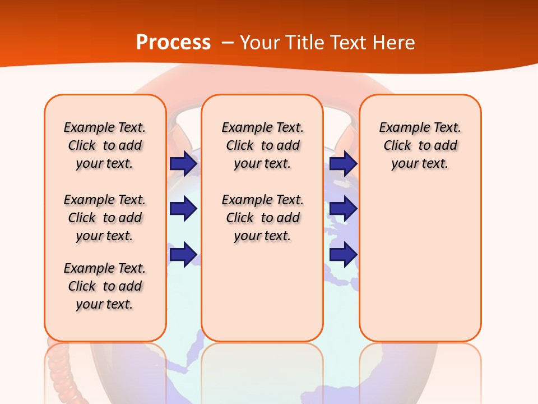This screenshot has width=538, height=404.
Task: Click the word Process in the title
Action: pyautogui.click(x=173, y=43)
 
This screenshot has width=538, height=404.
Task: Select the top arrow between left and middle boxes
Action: pyautogui.click(x=183, y=164)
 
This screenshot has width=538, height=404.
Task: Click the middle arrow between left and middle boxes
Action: pyautogui.click(x=183, y=209)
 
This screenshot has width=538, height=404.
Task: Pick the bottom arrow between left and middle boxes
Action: pyautogui.click(x=183, y=254)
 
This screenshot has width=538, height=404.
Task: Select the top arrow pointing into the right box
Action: pyautogui.click(x=343, y=164)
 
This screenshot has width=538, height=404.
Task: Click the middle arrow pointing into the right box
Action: pyautogui.click(x=343, y=209)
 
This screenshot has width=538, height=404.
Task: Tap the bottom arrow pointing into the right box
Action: pyautogui.click(x=343, y=254)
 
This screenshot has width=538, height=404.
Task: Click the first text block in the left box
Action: pyautogui.click(x=105, y=145)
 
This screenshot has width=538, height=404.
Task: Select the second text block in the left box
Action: pyautogui.click(x=105, y=218)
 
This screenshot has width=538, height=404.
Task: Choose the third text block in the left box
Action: pyautogui.click(x=105, y=286)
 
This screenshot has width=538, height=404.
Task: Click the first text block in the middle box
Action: pyautogui.click(x=262, y=145)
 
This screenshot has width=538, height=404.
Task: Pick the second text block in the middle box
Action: pyautogui.click(x=262, y=218)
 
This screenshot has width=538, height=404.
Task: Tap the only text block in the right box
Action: pyautogui.click(x=420, y=145)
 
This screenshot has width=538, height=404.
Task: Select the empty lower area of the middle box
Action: pyautogui.click(x=262, y=292)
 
